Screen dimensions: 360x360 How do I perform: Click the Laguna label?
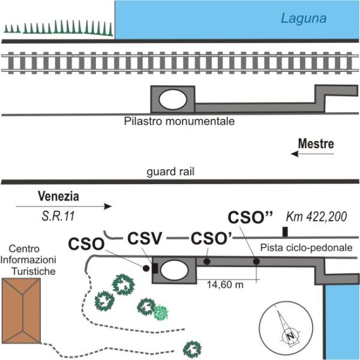click(304, 19)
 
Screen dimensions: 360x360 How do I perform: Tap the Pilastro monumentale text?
click(179, 121)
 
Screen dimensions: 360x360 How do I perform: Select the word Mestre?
click(316, 144)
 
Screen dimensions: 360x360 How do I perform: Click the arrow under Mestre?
click(311, 154)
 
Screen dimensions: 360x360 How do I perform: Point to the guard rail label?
click(170, 172)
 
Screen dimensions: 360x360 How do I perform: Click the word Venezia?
click(58, 196)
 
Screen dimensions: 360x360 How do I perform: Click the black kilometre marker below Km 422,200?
click(286, 232)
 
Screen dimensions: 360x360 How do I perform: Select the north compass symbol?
click(289, 329)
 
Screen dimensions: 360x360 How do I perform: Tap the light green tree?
click(161, 312)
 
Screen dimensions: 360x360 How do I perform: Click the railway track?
click(180, 62)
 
